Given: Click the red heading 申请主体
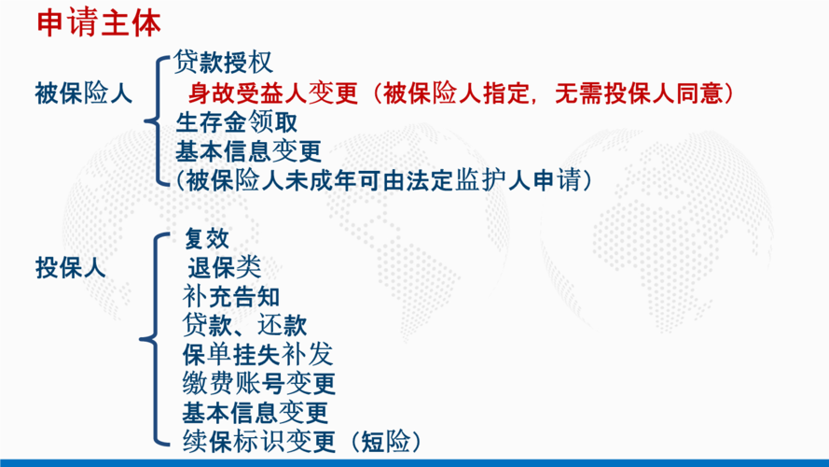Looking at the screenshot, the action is [99, 24].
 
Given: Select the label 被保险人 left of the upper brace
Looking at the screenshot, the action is [84, 93].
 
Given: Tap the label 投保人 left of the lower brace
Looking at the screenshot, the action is [70, 267].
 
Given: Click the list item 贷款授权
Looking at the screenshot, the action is [223, 63].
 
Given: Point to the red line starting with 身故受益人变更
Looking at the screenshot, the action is [461, 93].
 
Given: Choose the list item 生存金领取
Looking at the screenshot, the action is [236, 122].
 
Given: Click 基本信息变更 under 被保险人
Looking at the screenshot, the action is [248, 151].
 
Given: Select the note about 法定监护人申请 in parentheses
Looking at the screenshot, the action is [384, 180].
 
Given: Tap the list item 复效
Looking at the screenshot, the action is [207, 238].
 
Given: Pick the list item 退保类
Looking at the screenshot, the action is [224, 267].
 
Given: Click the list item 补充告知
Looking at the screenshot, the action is [231, 296].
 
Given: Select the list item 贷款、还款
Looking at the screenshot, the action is [244, 325].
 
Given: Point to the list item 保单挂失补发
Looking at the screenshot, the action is [257, 354].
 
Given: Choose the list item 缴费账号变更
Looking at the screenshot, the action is [259, 383].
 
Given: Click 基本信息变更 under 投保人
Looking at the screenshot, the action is [256, 413].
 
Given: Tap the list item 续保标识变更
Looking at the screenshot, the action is [259, 442].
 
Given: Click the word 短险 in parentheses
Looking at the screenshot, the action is [385, 442].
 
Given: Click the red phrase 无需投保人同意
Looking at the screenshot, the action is [639, 93].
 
